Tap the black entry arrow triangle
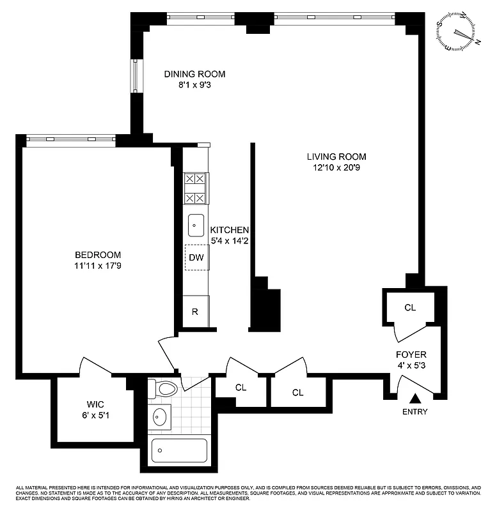coord(416,399)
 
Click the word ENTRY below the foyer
coord(416,412)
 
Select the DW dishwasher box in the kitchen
coord(196,257)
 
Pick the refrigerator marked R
coord(196,312)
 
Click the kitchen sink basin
coord(196,225)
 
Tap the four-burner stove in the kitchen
coord(196,188)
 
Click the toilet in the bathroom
coord(163,388)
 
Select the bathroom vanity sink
coord(160,418)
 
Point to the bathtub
coord(179,450)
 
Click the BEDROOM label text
coord(97,255)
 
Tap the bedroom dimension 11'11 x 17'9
coord(97,266)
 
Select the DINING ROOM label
coord(194,74)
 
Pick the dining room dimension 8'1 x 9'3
coord(194,85)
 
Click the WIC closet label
coord(95,404)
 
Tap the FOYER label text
coord(411,355)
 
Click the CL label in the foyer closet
coord(410,307)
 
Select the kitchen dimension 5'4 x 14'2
coord(230,241)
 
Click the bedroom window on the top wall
coord(70,138)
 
